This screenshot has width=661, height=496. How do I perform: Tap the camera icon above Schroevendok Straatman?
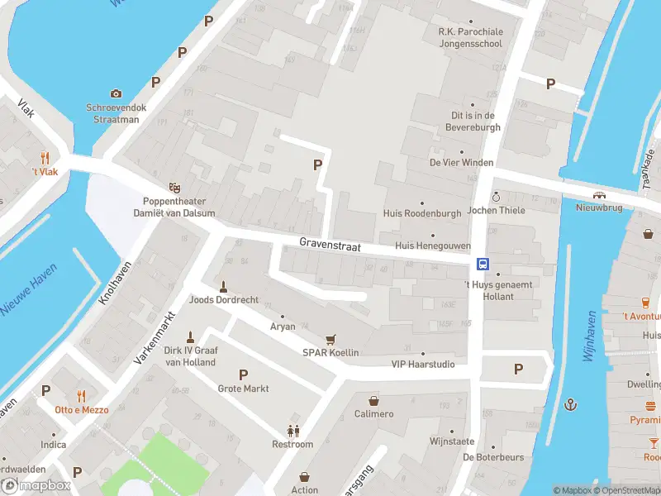(116, 93)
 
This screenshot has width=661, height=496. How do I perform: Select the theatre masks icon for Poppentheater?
(174, 188)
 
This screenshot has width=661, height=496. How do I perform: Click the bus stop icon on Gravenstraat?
(482, 265)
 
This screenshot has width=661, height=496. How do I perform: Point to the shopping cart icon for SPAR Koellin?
(330, 339)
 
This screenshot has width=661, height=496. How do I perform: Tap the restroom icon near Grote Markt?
(292, 431)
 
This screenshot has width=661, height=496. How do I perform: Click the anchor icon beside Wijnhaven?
(570, 404)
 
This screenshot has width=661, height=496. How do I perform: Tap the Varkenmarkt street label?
(156, 338)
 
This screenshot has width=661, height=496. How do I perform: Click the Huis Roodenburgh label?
(422, 212)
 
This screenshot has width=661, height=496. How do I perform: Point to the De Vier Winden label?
(460, 162)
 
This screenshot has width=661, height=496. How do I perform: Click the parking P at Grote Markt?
(243, 374)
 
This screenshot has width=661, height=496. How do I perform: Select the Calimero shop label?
(373, 413)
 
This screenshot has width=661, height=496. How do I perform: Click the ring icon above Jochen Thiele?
(496, 197)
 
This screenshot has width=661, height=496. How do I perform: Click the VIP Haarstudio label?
(422, 364)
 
